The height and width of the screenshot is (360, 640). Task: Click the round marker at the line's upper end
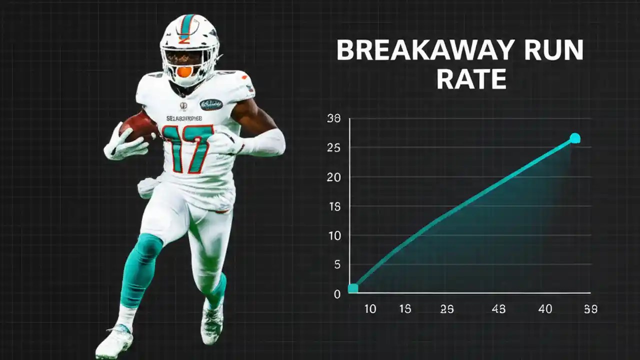[x=575, y=138]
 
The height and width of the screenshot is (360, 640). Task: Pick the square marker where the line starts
[x=353, y=288]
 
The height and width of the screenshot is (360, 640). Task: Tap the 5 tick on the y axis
[x=337, y=264]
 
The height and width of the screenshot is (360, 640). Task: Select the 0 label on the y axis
[x=337, y=294]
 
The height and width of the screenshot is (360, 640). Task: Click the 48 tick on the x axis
[x=498, y=309]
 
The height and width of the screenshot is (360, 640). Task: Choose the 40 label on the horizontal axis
[x=545, y=309]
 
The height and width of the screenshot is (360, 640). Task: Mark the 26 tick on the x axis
[x=447, y=309]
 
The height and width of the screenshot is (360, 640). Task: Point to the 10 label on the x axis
[x=370, y=309]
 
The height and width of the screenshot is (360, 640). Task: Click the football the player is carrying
[x=137, y=125]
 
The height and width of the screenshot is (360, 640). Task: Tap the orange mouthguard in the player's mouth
[x=184, y=71]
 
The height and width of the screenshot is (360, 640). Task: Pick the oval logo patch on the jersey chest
[x=211, y=104]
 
